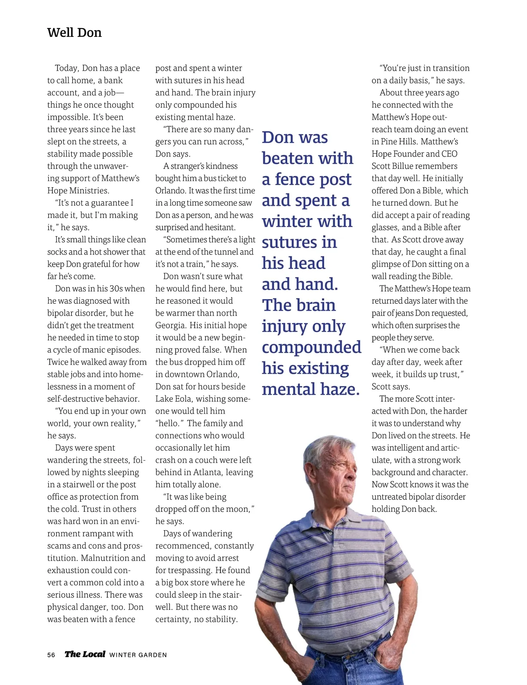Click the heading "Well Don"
74,33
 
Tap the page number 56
51,655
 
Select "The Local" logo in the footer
85,654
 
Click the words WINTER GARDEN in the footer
138,655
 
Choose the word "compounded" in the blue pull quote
311,347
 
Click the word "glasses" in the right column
385,227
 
